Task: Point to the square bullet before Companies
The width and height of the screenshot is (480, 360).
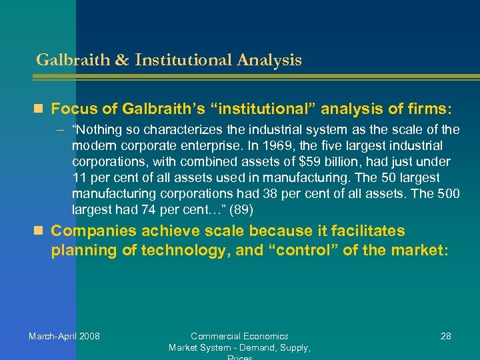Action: coord(42,231)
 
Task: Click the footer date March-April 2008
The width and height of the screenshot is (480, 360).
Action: coord(64,336)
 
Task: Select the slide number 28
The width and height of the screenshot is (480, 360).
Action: coord(445,336)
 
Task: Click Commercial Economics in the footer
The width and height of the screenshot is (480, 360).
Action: coord(239,336)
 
